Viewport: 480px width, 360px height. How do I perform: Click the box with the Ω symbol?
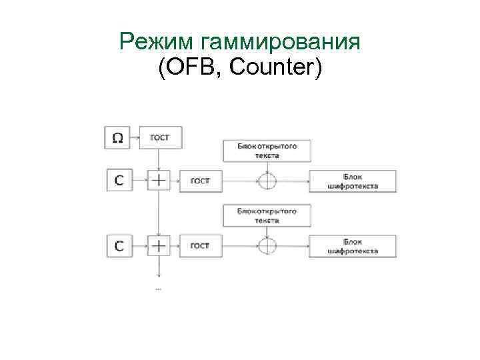[117, 138]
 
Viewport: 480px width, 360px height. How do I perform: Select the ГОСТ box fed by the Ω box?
[160, 138]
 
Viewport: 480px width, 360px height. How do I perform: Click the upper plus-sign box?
[159, 180]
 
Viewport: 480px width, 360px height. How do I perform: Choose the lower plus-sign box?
[159, 246]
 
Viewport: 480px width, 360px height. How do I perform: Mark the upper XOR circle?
[267, 180]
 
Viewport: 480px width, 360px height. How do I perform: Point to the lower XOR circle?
[267, 246]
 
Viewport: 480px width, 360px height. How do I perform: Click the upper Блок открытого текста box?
[267, 150]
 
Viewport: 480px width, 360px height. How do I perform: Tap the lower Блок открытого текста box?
[267, 215]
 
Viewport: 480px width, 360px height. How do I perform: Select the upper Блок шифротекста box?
[353, 181]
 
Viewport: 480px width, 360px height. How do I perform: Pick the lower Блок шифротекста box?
[353, 247]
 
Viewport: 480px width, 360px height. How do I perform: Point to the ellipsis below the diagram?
[159, 289]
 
